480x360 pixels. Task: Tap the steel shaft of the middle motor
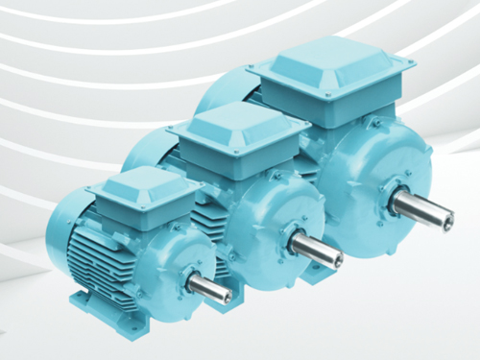(x=319, y=252)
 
